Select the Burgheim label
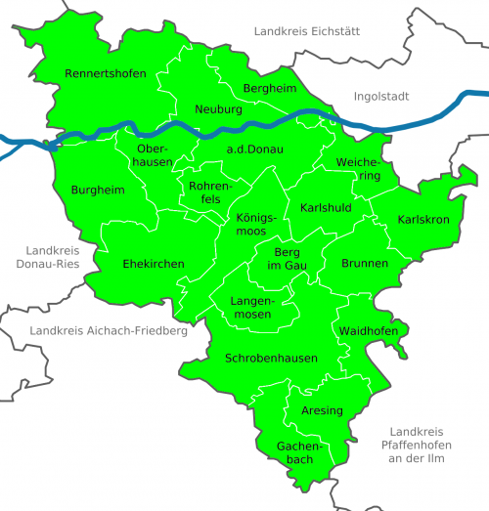pos(98,190)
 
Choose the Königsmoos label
pos(257,225)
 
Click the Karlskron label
pos(423,220)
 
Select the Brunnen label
pos(365,264)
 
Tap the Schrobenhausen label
pos(271,359)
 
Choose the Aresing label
pos(322,410)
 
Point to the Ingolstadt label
pos(381,97)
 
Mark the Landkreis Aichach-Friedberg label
pos(108,331)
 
